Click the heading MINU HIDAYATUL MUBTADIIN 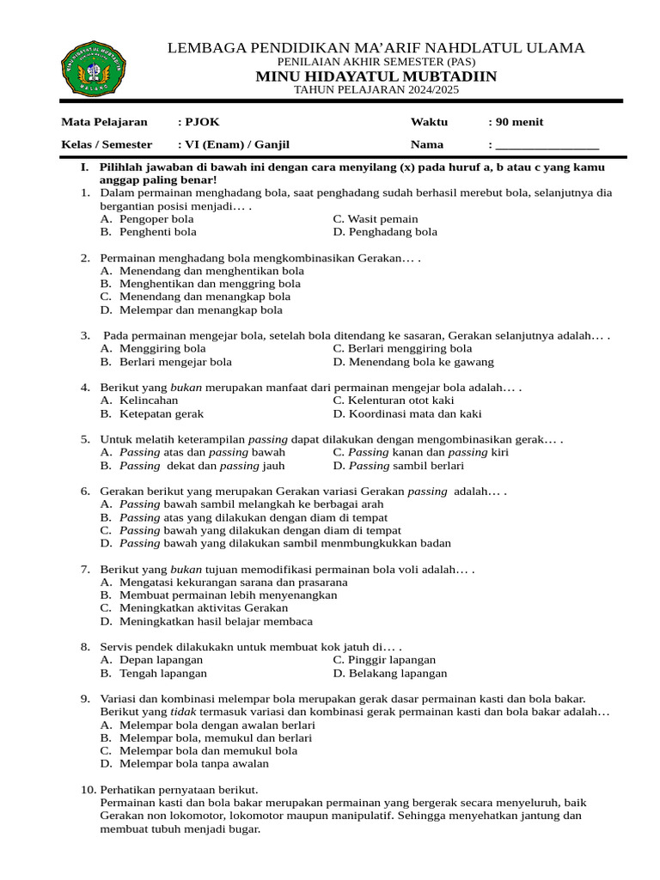pyautogui.click(x=376, y=77)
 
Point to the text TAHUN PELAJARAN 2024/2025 pyautogui.click(x=376, y=90)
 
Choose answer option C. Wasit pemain pyautogui.click(x=376, y=219)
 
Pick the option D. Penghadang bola pyautogui.click(x=385, y=232)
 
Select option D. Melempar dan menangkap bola pyautogui.click(x=191, y=310)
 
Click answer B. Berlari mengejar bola pyautogui.click(x=166, y=362)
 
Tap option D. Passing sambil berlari pyautogui.click(x=398, y=466)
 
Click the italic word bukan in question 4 pyautogui.click(x=186, y=388)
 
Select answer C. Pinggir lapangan pyautogui.click(x=384, y=660)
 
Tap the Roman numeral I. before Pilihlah pyautogui.click(x=85, y=168)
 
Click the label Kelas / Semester pyautogui.click(x=107, y=144)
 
